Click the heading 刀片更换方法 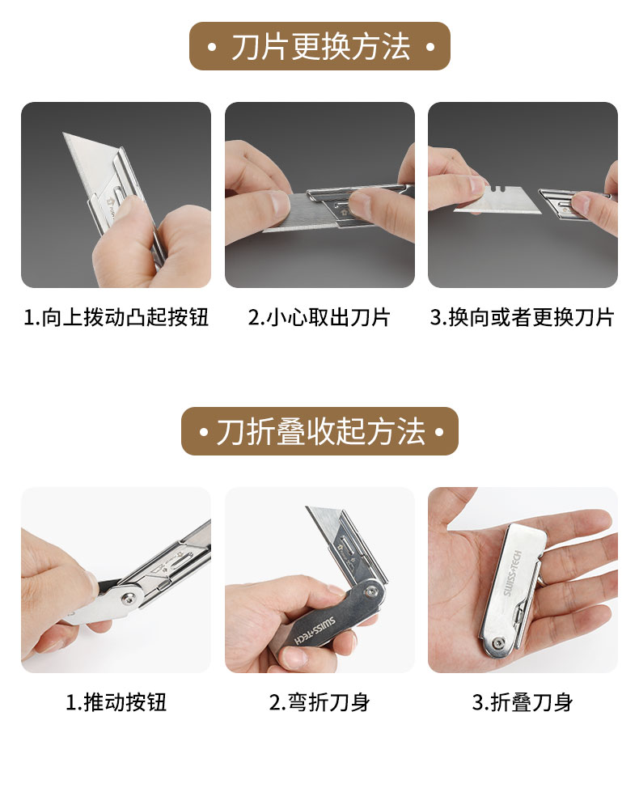tap(321, 47)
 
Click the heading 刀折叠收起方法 tap(321, 431)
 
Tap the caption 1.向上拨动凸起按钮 tap(116, 317)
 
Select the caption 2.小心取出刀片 tap(319, 317)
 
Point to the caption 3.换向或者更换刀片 tap(522, 317)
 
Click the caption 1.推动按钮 tap(116, 701)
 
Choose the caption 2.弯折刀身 tap(319, 701)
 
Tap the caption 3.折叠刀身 tap(523, 701)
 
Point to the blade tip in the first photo tap(65, 134)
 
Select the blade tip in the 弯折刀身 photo tap(308, 508)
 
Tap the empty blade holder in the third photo tap(565, 205)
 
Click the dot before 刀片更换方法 tap(211, 47)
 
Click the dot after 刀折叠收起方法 tap(439, 431)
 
